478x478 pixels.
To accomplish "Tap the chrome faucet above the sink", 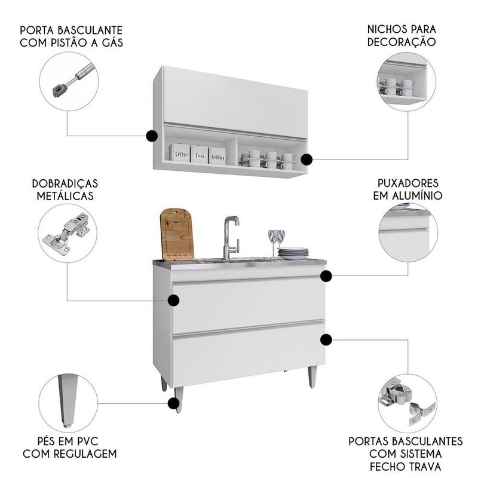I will (231, 237).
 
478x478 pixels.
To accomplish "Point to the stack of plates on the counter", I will (293, 253).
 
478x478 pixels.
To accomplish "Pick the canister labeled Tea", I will (199, 153).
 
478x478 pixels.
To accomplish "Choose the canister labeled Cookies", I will (217, 154).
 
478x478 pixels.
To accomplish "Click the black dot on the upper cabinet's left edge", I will (152, 136).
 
